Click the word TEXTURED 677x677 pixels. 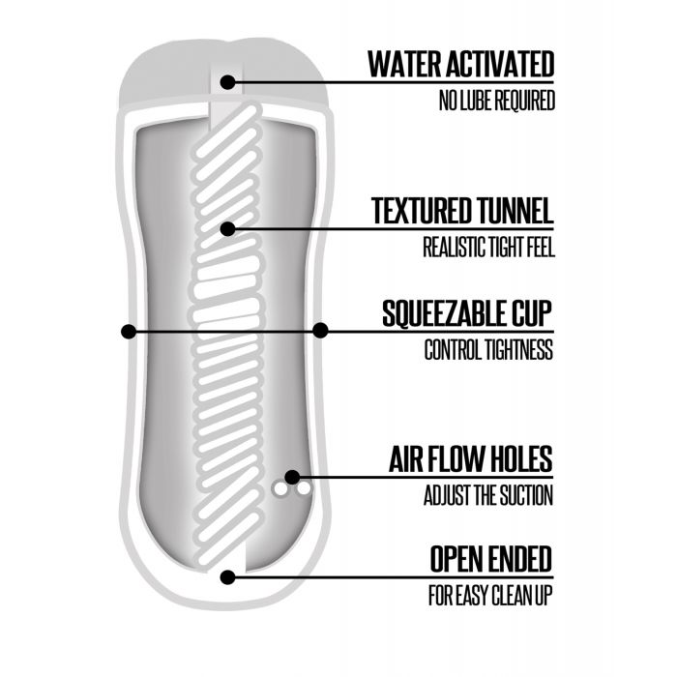(422, 210)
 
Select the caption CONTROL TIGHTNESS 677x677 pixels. (488, 350)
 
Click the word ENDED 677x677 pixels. (517, 559)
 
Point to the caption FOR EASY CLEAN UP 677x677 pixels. (489, 593)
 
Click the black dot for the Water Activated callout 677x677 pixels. (227, 82)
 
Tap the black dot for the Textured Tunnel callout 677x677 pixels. (227, 229)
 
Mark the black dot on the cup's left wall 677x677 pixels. (128, 331)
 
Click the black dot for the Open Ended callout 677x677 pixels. (227, 577)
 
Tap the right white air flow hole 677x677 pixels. (304, 490)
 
